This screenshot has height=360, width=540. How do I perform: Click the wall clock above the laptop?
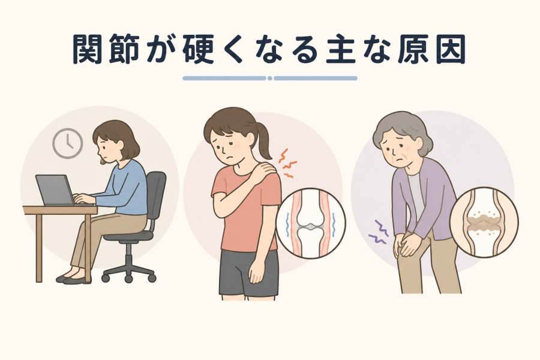[x=67, y=143]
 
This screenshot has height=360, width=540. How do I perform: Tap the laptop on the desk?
[x=57, y=191]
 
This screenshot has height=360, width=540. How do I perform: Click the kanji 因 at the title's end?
[x=451, y=49]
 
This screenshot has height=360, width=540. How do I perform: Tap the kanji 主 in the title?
[x=340, y=49]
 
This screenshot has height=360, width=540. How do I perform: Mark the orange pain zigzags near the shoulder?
[x=287, y=163]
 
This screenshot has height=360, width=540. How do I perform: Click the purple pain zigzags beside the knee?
[x=379, y=232]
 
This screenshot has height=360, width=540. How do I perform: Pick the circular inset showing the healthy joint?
[x=310, y=223]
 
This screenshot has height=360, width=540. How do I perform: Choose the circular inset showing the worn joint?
[x=484, y=222]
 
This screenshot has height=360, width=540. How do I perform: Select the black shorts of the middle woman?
[x=248, y=272]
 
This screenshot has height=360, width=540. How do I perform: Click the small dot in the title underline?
[x=270, y=78]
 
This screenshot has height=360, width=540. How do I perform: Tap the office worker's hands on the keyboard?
[x=83, y=198]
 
